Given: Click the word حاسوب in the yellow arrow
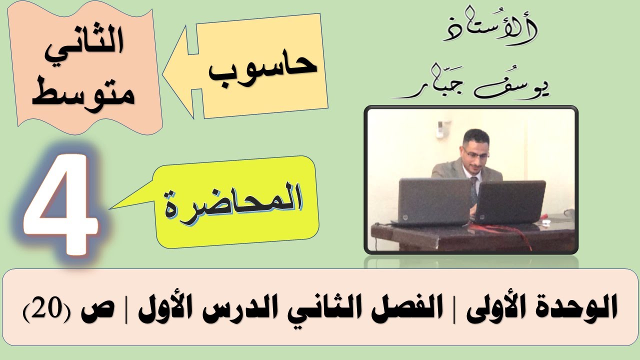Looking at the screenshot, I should [263, 71].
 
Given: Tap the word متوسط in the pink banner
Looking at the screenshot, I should [83, 93].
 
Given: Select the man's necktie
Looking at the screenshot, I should [473, 187].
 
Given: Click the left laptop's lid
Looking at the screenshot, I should [427, 199].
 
